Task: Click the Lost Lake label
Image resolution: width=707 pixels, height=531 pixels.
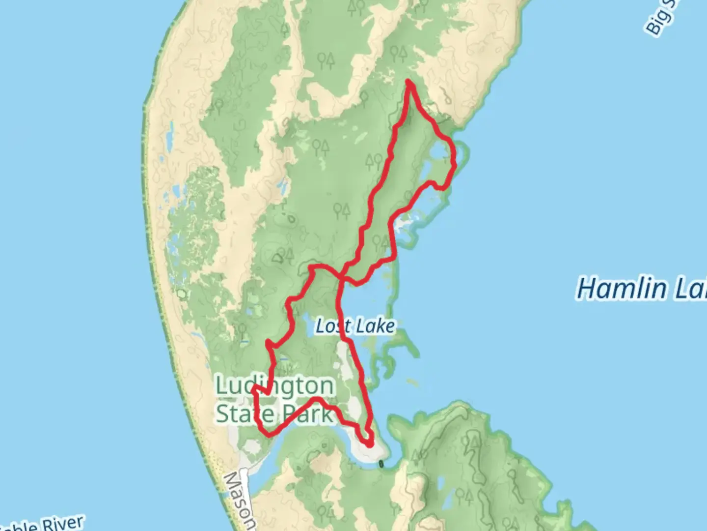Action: click(x=355, y=326)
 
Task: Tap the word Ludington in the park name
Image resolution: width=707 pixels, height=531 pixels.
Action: click(x=275, y=386)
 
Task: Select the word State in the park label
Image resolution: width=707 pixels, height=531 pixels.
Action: click(x=245, y=414)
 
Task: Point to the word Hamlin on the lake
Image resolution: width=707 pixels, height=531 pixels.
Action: click(x=622, y=289)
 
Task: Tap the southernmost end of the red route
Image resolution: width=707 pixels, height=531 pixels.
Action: click(x=369, y=444)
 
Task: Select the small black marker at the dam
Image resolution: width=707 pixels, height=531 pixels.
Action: click(x=381, y=464)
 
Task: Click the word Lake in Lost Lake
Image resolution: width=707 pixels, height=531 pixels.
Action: click(x=376, y=326)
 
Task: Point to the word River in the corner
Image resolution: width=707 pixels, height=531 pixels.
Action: click(x=61, y=524)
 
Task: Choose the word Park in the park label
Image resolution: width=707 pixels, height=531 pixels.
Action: click(x=307, y=414)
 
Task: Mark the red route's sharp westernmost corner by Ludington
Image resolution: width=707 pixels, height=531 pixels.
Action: click(x=253, y=388)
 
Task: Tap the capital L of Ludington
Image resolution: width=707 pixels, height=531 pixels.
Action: click(x=222, y=386)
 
